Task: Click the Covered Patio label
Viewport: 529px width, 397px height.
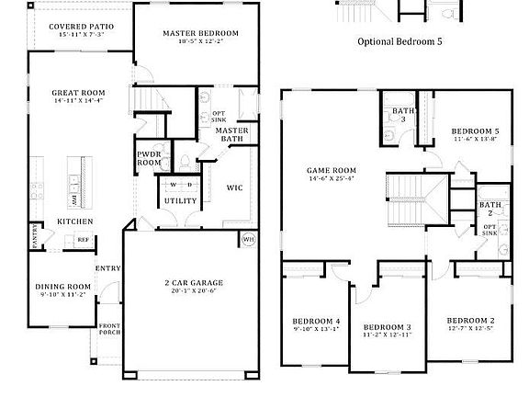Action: click(x=81, y=27)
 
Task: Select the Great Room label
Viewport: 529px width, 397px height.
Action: click(x=78, y=93)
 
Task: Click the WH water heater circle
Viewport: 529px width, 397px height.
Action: click(x=248, y=240)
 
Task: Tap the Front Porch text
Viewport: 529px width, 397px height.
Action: click(x=109, y=330)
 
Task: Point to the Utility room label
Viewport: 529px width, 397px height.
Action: click(x=179, y=200)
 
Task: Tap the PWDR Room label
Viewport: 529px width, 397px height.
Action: click(x=149, y=158)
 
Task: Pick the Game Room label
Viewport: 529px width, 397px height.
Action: click(x=331, y=171)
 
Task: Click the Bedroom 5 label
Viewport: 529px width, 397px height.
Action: click(x=477, y=131)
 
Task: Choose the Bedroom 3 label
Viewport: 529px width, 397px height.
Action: click(x=387, y=327)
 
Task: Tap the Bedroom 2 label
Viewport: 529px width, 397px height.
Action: click(x=471, y=321)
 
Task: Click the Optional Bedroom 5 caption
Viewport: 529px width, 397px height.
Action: click(x=405, y=42)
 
